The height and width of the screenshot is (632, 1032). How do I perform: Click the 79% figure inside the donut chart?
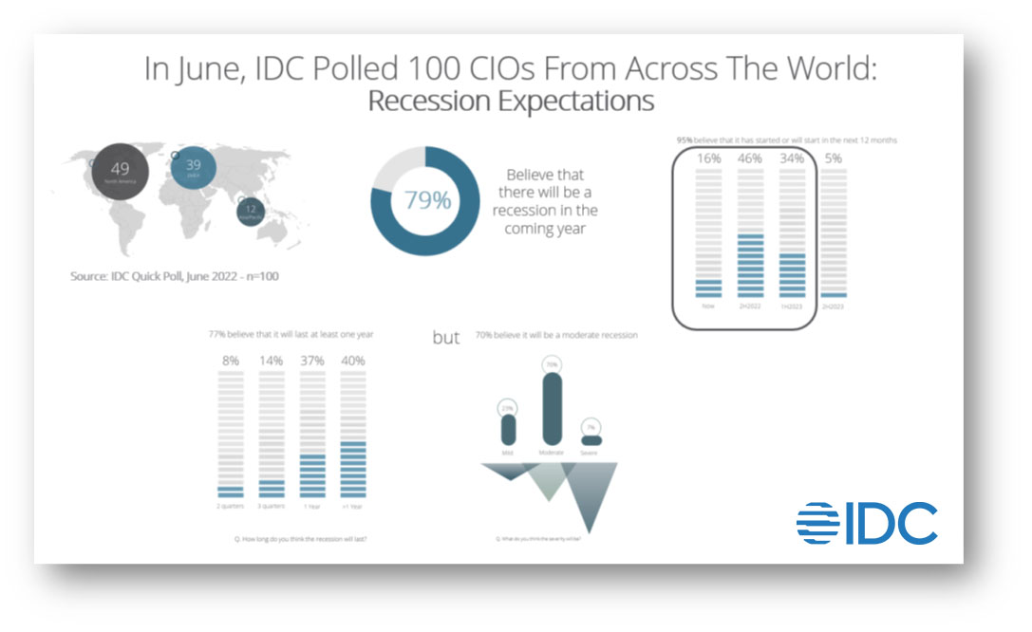[428, 202]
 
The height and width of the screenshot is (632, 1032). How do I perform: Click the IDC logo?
[866, 523]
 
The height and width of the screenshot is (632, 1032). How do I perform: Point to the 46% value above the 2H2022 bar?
[750, 158]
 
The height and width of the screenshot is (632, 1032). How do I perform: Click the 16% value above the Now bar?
[708, 158]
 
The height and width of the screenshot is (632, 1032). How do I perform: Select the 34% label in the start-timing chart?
[792, 158]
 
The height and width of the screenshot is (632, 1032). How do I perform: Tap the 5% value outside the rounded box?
[834, 158]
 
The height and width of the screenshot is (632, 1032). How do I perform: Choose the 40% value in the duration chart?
[352, 361]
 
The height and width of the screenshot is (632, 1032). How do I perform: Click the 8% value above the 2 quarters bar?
[231, 361]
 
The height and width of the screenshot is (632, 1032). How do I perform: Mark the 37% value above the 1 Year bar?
[311, 361]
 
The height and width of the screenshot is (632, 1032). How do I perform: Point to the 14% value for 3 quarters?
[272, 361]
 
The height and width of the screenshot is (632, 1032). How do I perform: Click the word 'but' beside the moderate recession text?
[446, 337]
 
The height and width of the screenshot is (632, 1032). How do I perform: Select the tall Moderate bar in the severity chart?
[551, 408]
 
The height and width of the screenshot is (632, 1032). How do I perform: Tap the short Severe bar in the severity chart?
[591, 440]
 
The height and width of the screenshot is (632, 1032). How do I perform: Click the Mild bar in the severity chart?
[508, 429]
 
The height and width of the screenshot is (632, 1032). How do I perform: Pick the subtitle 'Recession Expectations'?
[511, 101]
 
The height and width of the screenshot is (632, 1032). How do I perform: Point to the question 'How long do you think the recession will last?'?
[300, 538]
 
